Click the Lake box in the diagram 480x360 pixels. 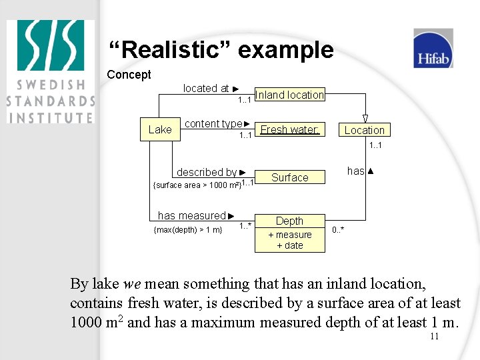160,129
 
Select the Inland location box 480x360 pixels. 290,95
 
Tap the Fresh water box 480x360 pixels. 289,129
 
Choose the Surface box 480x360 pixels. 290,177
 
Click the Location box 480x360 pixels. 364,130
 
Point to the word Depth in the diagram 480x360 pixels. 289,221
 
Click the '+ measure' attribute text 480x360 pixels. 290,235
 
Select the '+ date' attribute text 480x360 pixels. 290,245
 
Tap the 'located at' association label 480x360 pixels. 206,88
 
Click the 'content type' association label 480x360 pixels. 213,123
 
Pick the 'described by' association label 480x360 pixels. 207,172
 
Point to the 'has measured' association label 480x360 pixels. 192,215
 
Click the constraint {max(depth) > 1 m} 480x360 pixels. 188,230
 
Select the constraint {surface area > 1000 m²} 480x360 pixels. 197,185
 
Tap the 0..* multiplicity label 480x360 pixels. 338,229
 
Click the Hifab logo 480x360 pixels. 433,49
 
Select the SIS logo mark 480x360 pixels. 51,49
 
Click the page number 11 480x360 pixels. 434,336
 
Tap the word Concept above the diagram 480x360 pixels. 129,75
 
